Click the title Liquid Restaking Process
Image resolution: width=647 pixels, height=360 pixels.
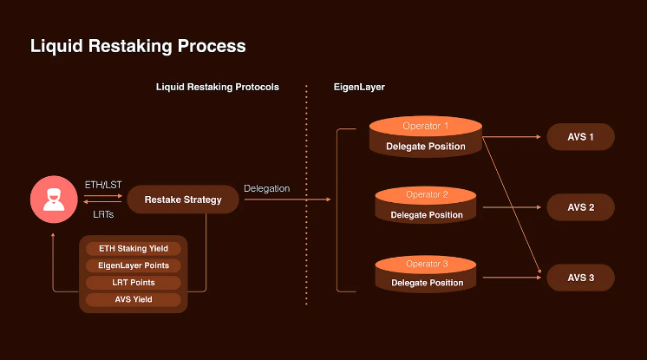[138, 46]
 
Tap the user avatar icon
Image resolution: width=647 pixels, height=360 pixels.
[54, 200]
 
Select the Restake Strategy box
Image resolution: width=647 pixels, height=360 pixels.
[183, 200]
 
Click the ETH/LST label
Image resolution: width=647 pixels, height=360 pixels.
[103, 185]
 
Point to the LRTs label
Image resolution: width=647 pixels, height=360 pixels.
[104, 214]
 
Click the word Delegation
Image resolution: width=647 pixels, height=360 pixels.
[267, 188]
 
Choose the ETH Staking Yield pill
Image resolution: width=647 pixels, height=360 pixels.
[134, 248]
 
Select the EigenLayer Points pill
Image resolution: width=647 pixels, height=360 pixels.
[134, 265]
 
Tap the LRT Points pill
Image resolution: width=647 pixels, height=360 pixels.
[134, 283]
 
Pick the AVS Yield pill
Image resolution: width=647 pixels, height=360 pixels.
[134, 300]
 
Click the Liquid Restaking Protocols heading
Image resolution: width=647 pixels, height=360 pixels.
[217, 88]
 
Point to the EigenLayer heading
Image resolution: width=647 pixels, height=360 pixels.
[359, 88]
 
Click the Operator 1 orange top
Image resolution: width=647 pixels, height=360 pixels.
[425, 127]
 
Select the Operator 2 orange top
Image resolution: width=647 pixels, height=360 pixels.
[426, 195]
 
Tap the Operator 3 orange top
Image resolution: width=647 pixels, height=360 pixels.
[426, 264]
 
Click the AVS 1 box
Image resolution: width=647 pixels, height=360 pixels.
[580, 137]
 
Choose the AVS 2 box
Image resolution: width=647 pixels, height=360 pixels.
[580, 207]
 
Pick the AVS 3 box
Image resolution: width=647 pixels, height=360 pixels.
[580, 278]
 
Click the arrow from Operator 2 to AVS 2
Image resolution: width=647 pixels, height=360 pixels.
[512, 207]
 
